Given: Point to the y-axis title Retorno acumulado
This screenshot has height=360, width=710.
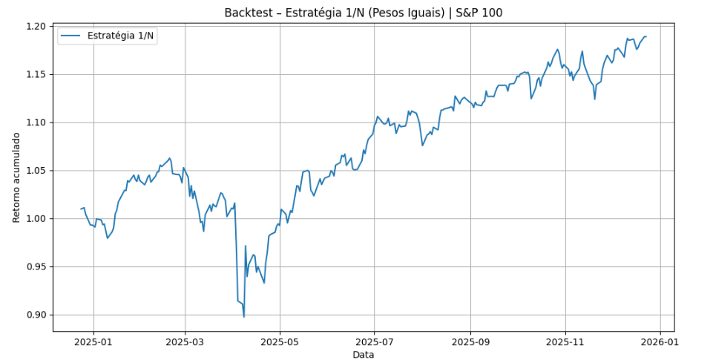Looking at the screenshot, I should [x=16, y=178].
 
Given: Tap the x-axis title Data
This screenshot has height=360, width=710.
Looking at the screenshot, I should [x=363, y=355].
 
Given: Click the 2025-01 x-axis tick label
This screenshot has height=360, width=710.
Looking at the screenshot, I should [x=93, y=342].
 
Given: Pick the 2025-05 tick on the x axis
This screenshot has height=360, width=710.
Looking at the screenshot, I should [x=280, y=342].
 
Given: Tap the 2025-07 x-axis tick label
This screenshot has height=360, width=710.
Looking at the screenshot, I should [x=374, y=342].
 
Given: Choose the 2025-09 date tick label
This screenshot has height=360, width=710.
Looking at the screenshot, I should [x=470, y=342].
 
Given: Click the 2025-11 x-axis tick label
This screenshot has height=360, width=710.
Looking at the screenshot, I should [x=565, y=342].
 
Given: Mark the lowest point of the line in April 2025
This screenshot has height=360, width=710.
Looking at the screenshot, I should [x=244, y=317].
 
